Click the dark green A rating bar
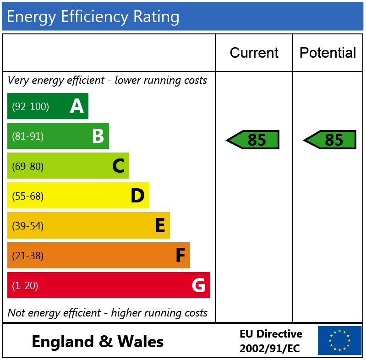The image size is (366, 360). tap(48, 106)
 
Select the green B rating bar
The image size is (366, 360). tap(58, 136)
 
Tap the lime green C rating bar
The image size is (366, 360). tap(68, 166)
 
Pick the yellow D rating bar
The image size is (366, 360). tap(78, 196)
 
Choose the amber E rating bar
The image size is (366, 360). tap(88, 225)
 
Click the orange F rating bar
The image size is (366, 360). tap(98, 256)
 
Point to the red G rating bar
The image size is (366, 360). tap(109, 285)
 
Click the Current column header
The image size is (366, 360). tap(254, 53)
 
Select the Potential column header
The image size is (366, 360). tap(328, 53)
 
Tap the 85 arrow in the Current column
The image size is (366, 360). tap(253, 140)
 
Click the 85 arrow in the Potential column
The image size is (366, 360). tap(330, 140)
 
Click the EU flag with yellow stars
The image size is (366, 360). tap(339, 341)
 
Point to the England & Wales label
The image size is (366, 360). tap(98, 342)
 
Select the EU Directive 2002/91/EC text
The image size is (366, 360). tap(271, 341)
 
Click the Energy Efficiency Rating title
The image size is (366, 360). tap(93, 16)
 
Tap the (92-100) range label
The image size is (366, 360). tap(30, 107)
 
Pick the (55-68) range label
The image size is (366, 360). tap(27, 196)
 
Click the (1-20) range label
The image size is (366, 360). tap(25, 286)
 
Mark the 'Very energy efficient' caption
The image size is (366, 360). tap(107, 80)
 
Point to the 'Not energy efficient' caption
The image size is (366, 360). tap(107, 313)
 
